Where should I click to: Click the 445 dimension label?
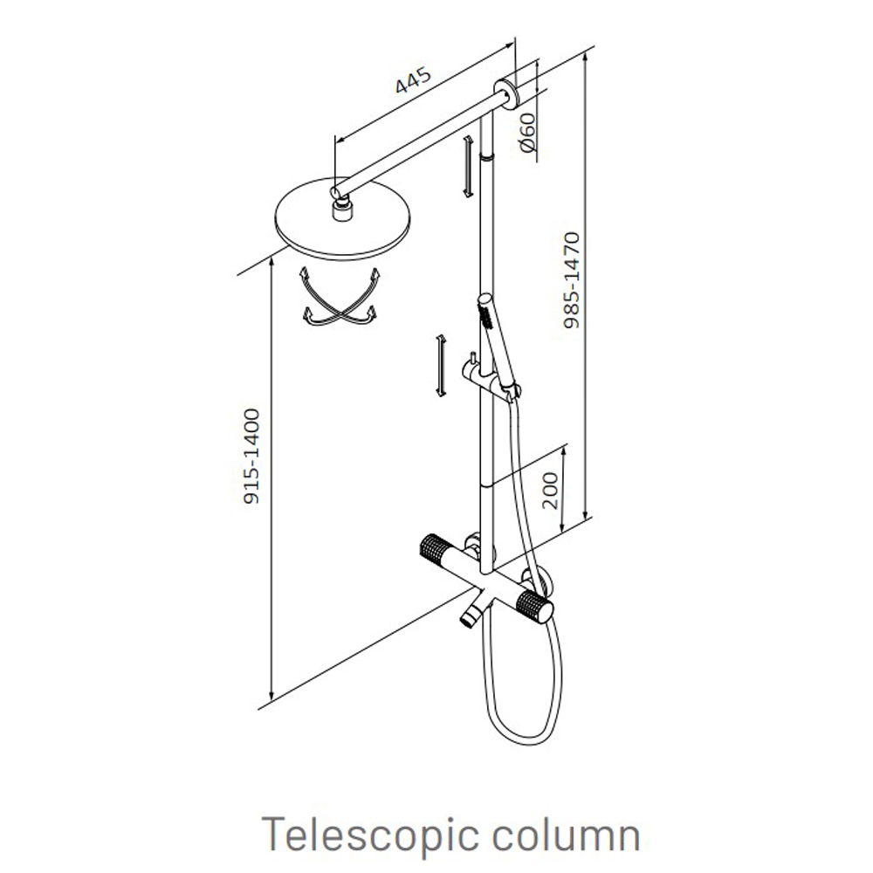tap(413, 80)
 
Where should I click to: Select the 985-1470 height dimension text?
tap(572, 280)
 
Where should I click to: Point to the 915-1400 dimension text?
tap(251, 457)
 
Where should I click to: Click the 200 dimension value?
tap(550, 491)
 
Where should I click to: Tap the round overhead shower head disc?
tap(343, 219)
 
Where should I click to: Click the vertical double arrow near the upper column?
tap(468, 166)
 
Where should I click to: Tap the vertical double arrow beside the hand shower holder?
tap(441, 366)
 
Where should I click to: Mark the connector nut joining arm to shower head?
tap(341, 212)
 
